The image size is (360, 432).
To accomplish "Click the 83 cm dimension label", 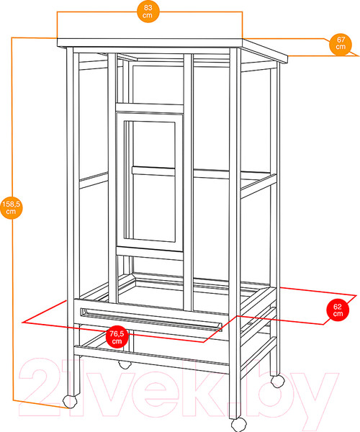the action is pyautogui.click(x=148, y=12).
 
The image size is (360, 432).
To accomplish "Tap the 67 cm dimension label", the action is pyautogui.click(x=341, y=44).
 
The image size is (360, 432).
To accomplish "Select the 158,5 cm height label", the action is pyautogui.click(x=11, y=208).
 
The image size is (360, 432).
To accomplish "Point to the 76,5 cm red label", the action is pyautogui.click(x=117, y=338).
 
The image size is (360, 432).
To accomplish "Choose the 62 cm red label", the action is pyautogui.click(x=338, y=310).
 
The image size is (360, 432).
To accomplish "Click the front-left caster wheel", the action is pyautogui.click(x=69, y=402).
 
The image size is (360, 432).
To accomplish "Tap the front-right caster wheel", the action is pyautogui.click(x=238, y=425).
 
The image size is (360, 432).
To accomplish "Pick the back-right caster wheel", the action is pyautogui.click(x=278, y=382).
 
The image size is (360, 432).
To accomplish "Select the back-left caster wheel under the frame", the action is pyautogui.click(x=125, y=365).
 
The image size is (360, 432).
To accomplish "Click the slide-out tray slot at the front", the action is pyautogui.click(x=151, y=320).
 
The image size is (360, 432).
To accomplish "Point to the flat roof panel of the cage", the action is pyautogui.click(x=172, y=48).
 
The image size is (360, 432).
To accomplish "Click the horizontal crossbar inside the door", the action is pyautogui.click(x=153, y=171).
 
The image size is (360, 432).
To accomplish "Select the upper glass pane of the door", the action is pyautogui.click(x=153, y=144).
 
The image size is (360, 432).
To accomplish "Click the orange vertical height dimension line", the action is pyautogui.click(x=12, y=219).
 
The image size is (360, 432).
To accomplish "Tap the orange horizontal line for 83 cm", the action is pyautogui.click(x=150, y=12).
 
